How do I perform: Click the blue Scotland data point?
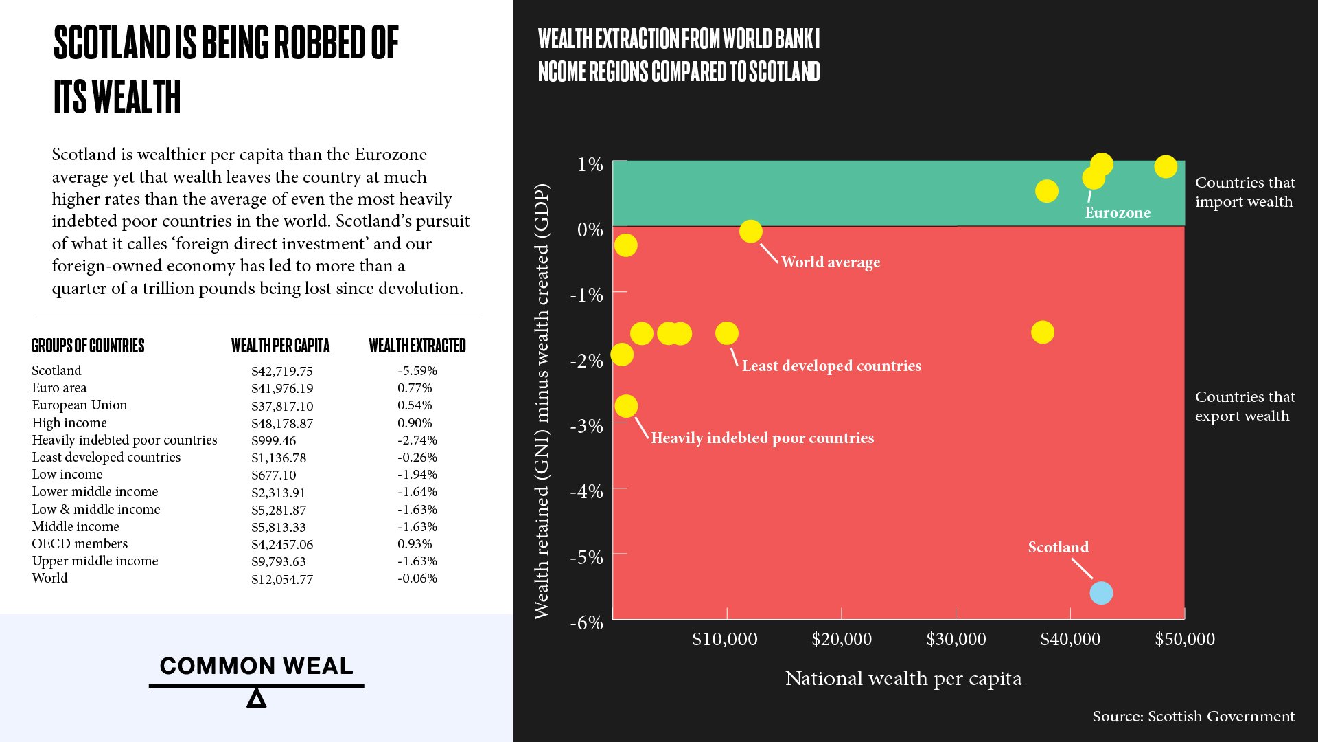point(1101,593)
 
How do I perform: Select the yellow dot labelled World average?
point(750,231)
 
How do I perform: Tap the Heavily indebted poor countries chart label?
point(762,438)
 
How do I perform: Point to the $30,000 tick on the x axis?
point(956,639)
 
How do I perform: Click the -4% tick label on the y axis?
point(586,491)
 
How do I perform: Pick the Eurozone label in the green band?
point(1117,213)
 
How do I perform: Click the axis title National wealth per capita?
point(903,679)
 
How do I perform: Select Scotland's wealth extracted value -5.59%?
point(417,371)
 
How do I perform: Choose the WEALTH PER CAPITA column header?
point(280,346)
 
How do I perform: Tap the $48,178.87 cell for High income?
point(282,423)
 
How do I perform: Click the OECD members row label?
point(80,543)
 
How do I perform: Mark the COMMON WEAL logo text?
point(256,666)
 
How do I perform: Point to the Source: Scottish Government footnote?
point(1193,717)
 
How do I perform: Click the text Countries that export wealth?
point(1245,407)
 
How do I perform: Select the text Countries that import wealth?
point(1245,192)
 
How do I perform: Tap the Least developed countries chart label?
point(831,366)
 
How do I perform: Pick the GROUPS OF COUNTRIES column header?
point(88,346)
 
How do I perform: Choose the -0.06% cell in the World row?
point(417,578)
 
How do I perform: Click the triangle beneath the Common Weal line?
point(256,699)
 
